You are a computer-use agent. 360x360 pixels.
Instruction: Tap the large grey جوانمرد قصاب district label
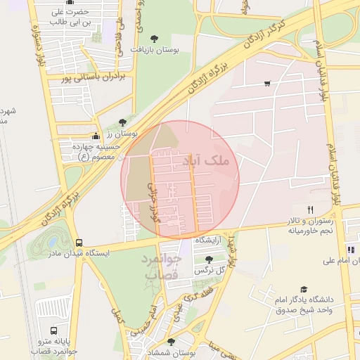(x=163, y=266)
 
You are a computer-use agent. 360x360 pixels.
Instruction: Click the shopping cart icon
(x=267, y=84)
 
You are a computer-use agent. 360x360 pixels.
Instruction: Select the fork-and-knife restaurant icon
(x=310, y=210)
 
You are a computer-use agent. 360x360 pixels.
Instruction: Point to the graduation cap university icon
(x=304, y=289)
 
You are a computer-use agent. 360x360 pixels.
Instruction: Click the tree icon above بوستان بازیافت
(x=155, y=39)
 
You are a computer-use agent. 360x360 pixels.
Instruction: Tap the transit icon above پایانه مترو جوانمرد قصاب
(x=53, y=330)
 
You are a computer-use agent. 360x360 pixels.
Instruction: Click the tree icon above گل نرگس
(x=208, y=259)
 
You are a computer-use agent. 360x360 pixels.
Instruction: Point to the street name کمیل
(x=117, y=316)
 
